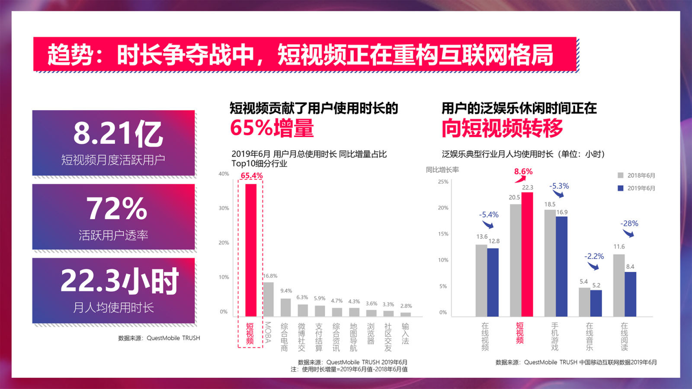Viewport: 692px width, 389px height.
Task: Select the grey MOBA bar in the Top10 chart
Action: coord(269,299)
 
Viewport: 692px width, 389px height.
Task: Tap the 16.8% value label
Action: coord(270,276)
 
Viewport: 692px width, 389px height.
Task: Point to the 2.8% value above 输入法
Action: coord(406,306)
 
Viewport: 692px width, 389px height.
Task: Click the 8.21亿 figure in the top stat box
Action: coord(118,133)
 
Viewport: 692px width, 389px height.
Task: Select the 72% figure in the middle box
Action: coord(117,208)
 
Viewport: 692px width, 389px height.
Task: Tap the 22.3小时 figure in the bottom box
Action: coord(119,281)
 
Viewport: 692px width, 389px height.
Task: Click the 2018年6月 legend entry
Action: coord(636,175)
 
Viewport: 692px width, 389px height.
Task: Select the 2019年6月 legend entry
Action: coord(636,188)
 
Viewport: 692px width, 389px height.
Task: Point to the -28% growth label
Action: coord(629,223)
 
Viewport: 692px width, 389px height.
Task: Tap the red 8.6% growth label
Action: coord(523,172)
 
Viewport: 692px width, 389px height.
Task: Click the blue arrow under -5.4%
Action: coord(488,224)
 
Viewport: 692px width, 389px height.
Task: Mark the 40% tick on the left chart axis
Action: coord(224,174)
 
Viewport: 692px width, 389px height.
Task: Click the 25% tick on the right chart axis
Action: coord(443,182)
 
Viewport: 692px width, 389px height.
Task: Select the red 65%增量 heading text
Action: coord(272,128)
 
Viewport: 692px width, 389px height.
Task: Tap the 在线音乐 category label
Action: coord(589,336)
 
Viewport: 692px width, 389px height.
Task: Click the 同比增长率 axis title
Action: coord(442,170)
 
